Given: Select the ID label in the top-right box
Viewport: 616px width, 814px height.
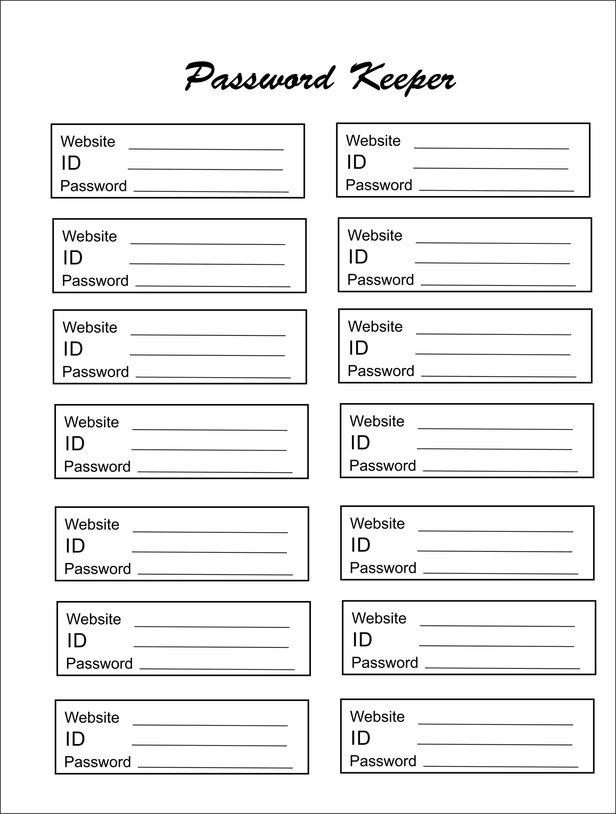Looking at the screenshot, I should [x=357, y=162].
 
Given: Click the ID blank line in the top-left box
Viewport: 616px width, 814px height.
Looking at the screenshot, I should [x=205, y=169].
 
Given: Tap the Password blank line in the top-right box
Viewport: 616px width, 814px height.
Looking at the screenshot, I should [x=497, y=190].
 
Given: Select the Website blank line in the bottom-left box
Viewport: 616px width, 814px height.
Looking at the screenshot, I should [x=210, y=725].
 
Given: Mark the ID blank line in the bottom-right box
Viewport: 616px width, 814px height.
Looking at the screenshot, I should [x=495, y=744].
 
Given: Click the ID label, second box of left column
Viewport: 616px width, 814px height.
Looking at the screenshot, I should [x=72, y=258].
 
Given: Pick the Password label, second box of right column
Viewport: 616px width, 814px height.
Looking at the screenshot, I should [x=380, y=280].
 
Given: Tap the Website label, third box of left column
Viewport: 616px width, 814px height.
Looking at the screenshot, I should [x=90, y=328].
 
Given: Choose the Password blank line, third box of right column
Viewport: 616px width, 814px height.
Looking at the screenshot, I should [x=499, y=376].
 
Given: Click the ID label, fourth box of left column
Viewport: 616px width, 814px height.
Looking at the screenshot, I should [x=75, y=444].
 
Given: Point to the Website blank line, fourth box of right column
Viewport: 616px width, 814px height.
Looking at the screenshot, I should [x=495, y=429].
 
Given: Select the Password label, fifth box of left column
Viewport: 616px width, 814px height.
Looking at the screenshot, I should [x=97, y=569].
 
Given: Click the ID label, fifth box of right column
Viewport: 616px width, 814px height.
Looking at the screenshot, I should [x=360, y=545].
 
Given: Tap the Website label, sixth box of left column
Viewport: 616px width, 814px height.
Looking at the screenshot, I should [x=93, y=619].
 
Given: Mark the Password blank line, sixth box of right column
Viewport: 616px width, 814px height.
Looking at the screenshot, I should [x=502, y=668].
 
